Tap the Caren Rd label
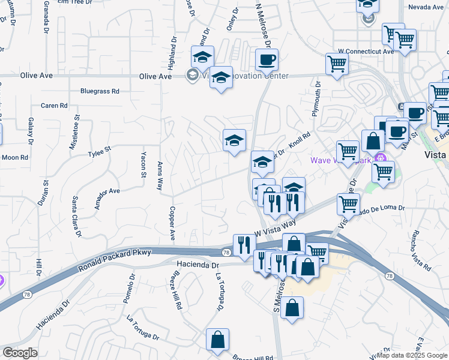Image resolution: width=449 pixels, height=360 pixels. (x=54, y=106)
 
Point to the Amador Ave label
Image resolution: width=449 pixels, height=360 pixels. (x=107, y=191)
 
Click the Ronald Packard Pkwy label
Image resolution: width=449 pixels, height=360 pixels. (x=114, y=262)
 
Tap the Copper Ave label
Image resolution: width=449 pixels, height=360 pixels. (x=172, y=224)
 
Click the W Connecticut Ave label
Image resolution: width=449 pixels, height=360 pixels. (x=366, y=52)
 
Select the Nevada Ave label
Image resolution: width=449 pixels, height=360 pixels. (x=426, y=7)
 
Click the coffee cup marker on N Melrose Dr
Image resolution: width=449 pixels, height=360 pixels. (x=267, y=59)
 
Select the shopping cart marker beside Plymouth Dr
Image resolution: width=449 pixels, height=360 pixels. (x=337, y=64)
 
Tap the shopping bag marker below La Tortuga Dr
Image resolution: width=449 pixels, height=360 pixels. (x=217, y=339)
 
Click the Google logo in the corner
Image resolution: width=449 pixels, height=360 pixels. (x=20, y=353)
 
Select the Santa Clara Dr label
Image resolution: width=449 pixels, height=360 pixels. (x=76, y=217)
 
